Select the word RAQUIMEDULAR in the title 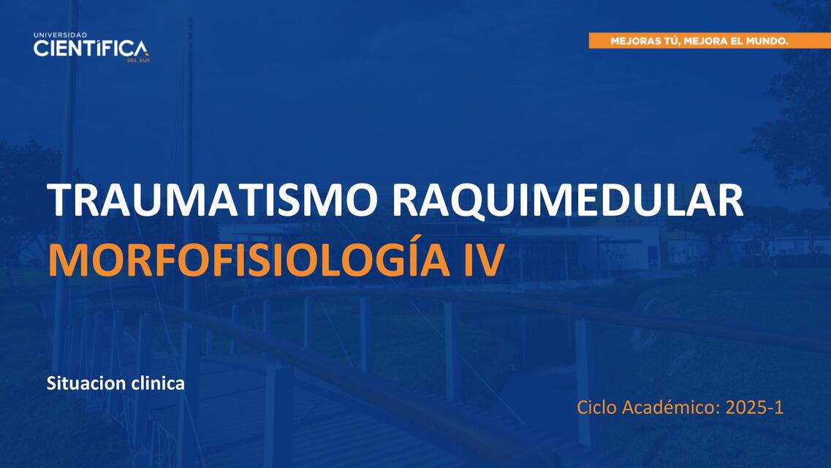click(x=567, y=200)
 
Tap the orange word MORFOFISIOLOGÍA click(x=251, y=260)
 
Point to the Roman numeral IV click(x=483, y=260)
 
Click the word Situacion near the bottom click(x=80, y=383)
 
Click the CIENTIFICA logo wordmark click(x=90, y=48)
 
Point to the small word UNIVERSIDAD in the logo click(x=60, y=34)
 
